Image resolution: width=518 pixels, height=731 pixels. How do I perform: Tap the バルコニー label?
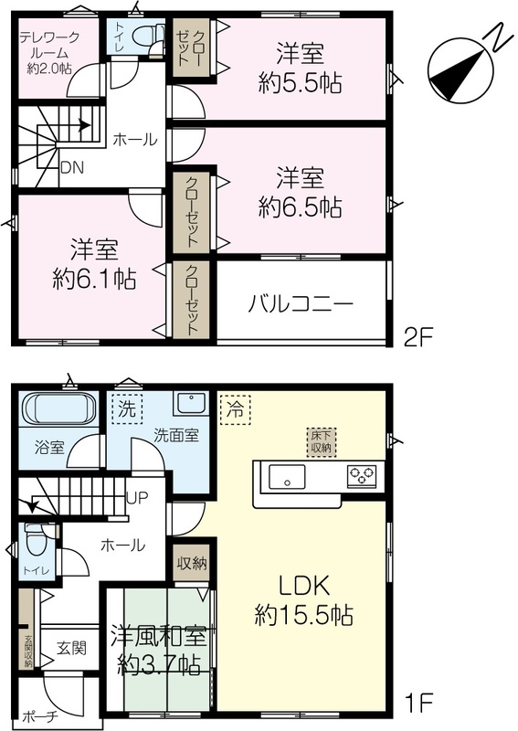[301, 304]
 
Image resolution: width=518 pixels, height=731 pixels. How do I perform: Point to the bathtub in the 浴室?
[58, 408]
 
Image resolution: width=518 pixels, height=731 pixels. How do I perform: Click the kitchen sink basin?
[287, 476]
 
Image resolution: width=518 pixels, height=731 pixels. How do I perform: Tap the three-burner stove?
[362, 476]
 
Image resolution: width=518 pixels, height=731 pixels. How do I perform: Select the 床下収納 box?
[322, 442]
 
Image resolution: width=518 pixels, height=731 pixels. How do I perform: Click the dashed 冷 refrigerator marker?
[236, 409]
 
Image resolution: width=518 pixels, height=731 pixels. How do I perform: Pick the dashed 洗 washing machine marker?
[127, 408]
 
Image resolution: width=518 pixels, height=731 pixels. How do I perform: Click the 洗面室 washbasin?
[191, 402]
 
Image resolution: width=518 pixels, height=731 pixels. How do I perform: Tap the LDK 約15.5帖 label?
[304, 600]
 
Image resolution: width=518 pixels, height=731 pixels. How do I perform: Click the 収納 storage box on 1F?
[191, 563]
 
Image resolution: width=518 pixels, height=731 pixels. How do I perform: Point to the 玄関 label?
[71, 648]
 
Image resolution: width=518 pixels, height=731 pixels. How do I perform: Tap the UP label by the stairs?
[137, 498]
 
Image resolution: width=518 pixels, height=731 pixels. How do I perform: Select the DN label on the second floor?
[72, 167]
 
